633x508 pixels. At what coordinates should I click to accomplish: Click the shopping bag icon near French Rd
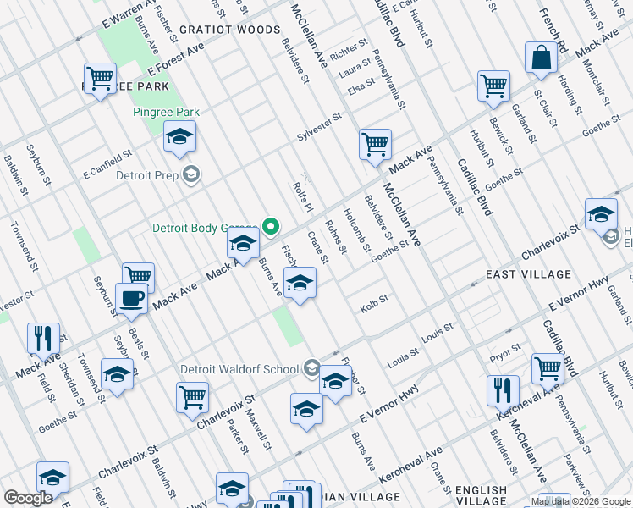[x=541, y=58]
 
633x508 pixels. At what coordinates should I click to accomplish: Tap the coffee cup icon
[x=131, y=299]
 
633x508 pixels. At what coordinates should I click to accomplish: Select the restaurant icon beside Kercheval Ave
[x=503, y=391]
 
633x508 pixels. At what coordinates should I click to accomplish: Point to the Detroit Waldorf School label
[x=239, y=369]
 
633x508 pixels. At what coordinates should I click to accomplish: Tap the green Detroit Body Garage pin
[x=271, y=227]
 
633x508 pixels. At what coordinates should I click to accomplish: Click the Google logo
[x=28, y=498]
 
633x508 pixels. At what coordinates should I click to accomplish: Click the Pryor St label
[x=504, y=347]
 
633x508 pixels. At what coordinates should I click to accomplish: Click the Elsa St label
[x=361, y=86]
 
